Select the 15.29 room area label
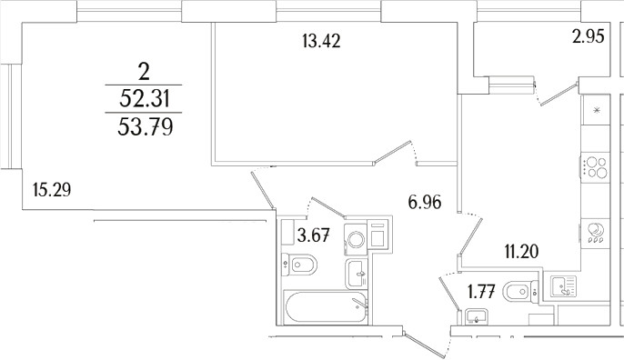[52, 190]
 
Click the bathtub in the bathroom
[324, 308]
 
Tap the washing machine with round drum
[356, 239]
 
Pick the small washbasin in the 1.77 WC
[474, 317]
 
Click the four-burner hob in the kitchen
[596, 169]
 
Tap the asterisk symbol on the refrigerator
[596, 109]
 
